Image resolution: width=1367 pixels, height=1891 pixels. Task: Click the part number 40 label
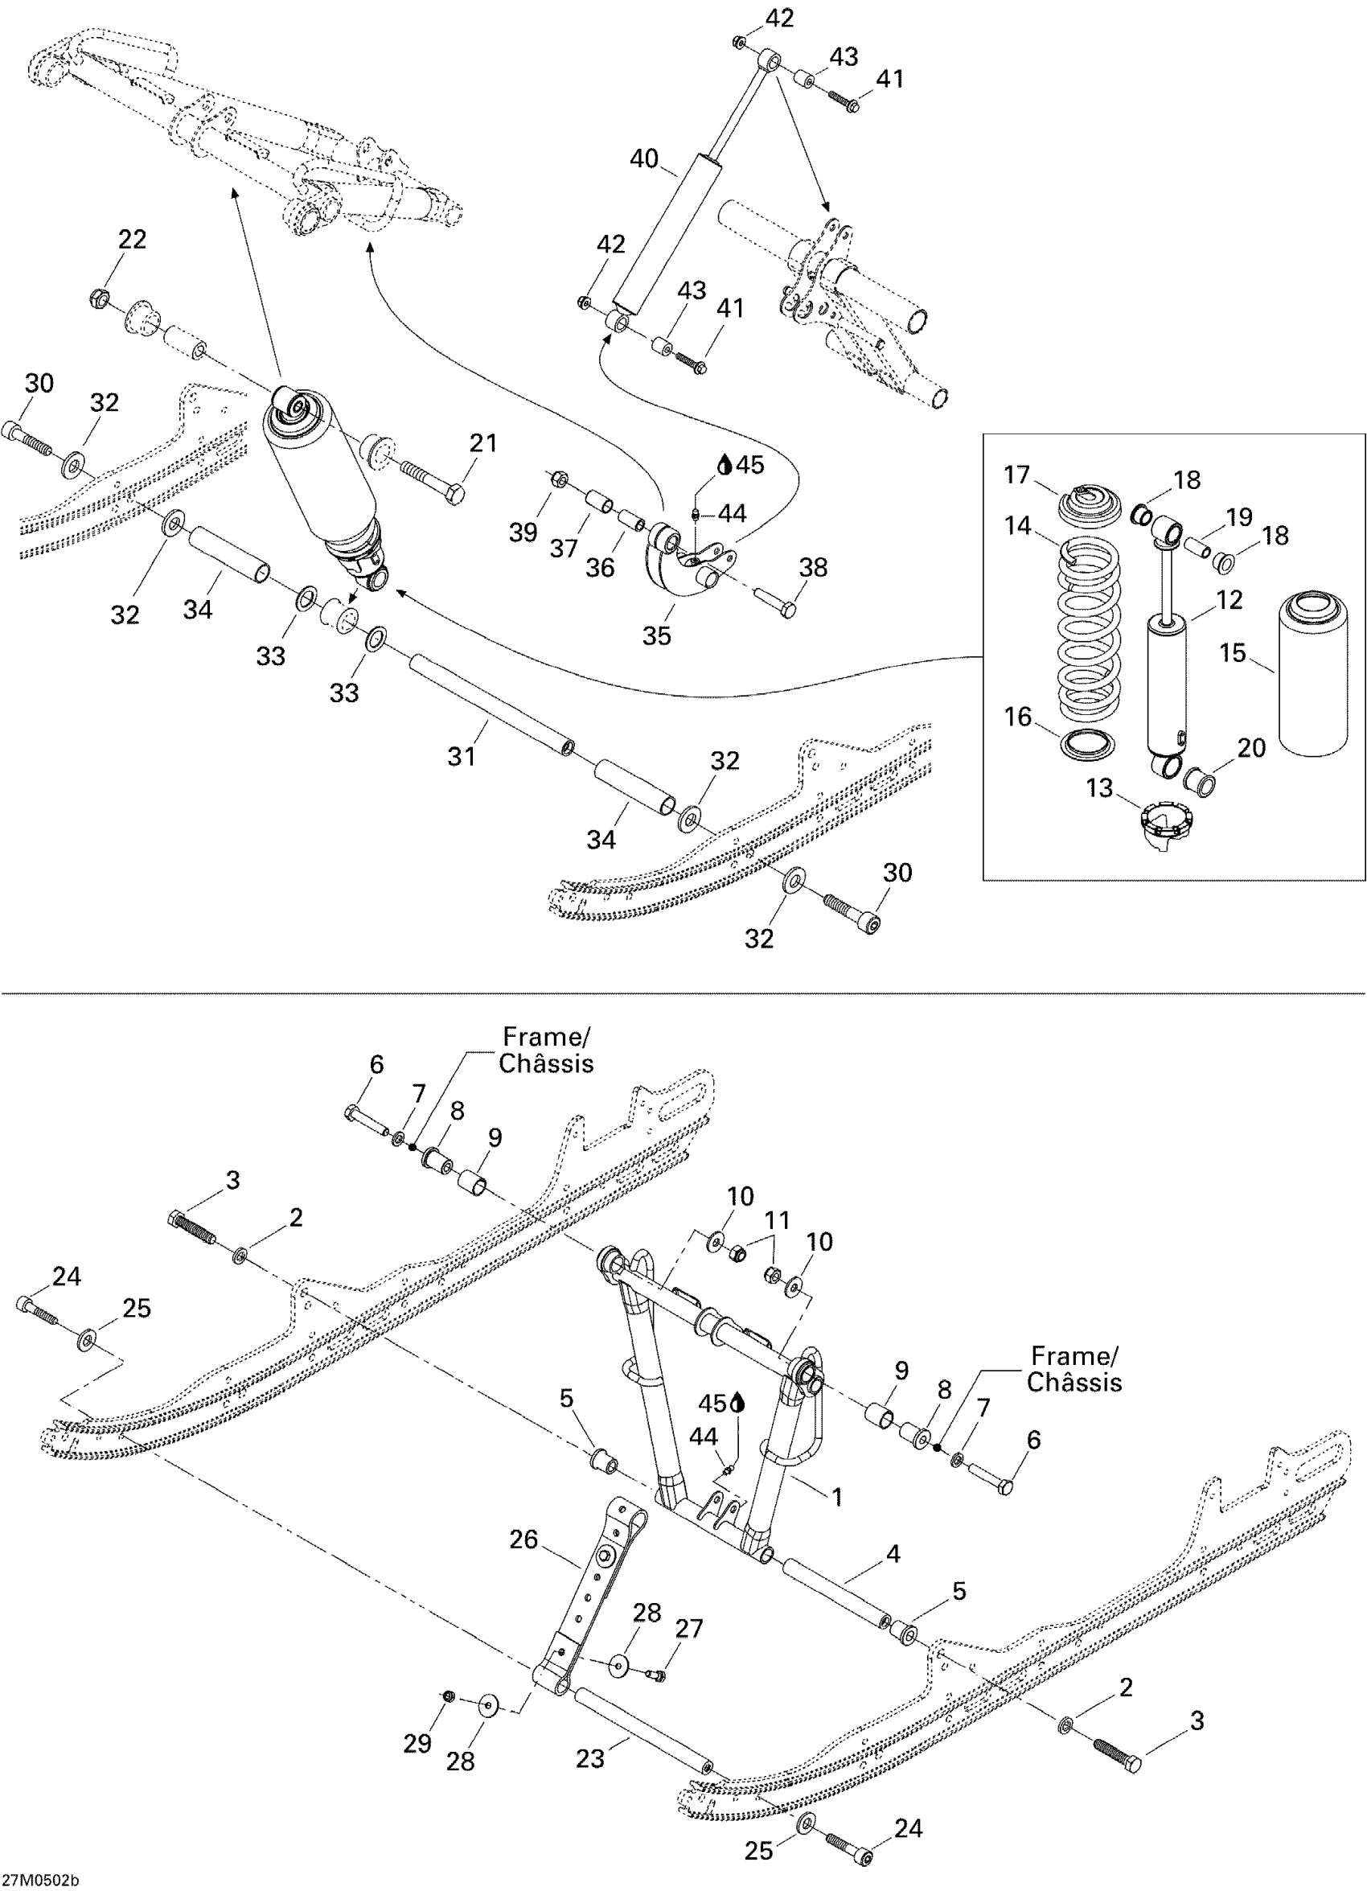click(643, 158)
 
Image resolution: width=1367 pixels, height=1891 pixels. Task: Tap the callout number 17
click(1017, 475)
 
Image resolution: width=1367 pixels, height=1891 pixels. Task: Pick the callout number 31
click(462, 755)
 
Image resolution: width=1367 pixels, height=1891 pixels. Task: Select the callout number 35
click(657, 635)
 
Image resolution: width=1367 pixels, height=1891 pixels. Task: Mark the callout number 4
click(893, 1553)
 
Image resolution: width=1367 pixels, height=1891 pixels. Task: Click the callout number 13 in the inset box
click(1100, 787)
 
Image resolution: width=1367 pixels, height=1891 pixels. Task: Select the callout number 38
click(814, 567)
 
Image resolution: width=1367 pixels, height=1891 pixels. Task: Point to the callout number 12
click(1229, 600)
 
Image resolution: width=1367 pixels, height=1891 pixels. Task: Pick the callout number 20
click(1251, 748)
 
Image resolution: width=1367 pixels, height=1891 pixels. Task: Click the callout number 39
click(523, 532)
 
